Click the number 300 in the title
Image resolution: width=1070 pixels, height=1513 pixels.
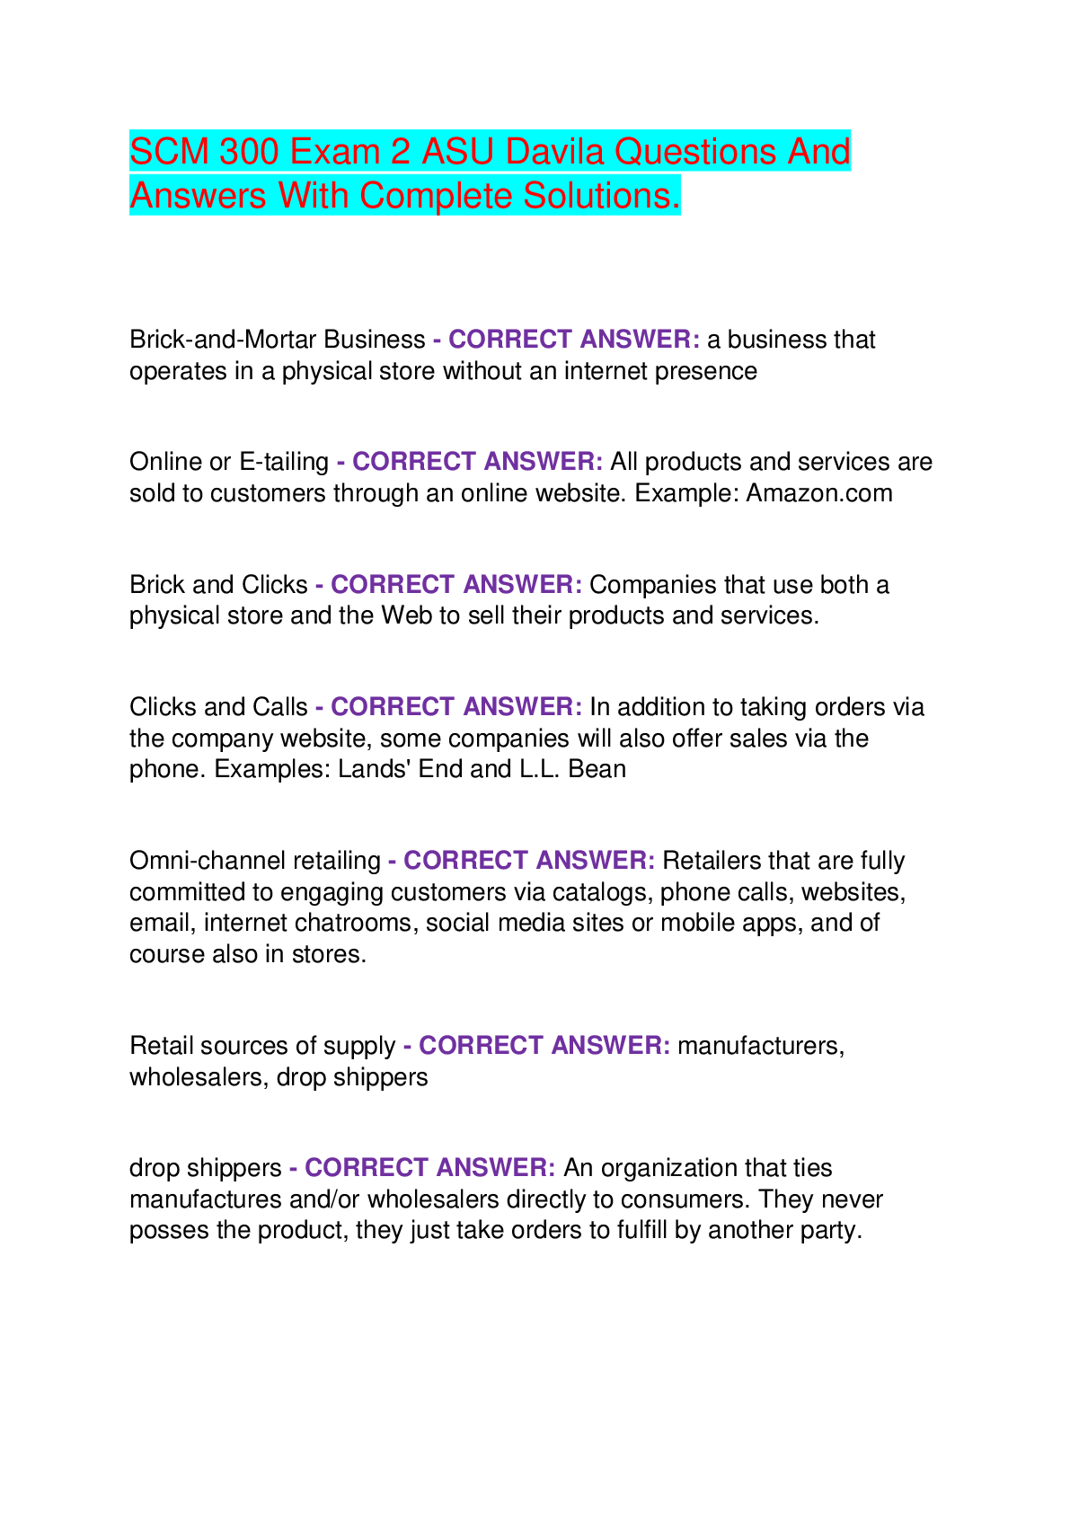pyautogui.click(x=249, y=151)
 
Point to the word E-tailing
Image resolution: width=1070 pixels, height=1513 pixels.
pyautogui.click(x=284, y=462)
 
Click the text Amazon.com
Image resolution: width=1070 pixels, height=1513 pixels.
pyautogui.click(x=818, y=493)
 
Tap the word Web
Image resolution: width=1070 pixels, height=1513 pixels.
pyautogui.click(x=407, y=615)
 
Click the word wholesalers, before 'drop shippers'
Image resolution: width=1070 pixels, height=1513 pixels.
pyautogui.click(x=199, y=1076)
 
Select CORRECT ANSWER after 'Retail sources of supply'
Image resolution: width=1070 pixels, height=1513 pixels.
pyautogui.click(x=544, y=1046)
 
